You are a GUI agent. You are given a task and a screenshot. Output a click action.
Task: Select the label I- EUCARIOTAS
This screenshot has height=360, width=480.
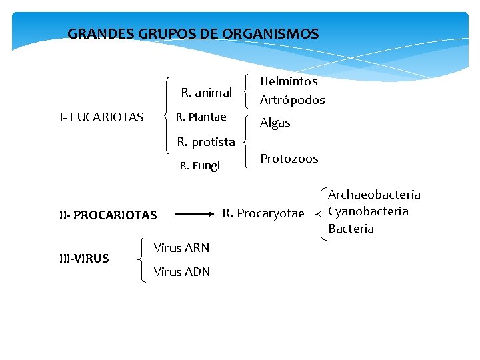coord(101,117)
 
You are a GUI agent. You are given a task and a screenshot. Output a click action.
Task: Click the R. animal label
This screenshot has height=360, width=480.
coord(207,93)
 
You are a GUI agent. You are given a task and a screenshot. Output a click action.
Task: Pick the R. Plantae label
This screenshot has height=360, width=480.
coord(201,117)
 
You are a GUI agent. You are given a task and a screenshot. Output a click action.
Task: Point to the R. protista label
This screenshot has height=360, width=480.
coord(206,141)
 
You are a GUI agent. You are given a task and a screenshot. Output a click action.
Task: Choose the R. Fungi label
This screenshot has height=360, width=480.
coord(200,165)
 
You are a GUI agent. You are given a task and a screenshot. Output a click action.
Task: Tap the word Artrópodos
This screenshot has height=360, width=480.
coord(292,100)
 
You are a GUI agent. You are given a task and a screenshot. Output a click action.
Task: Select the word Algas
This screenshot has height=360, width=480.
coord(275,123)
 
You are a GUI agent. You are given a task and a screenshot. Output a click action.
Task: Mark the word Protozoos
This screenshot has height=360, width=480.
coord(289,159)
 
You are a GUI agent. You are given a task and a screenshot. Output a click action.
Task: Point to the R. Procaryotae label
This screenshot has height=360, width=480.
coord(263,213)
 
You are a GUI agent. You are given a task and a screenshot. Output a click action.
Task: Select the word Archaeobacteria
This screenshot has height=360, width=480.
coord(374,195)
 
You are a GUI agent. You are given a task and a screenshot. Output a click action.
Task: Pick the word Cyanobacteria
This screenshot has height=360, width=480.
coord(368,211)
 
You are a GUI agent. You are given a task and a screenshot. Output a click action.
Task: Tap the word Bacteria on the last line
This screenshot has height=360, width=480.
coord(351,229)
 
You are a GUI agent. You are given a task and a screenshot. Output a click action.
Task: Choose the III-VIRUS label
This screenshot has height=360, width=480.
coord(84,259)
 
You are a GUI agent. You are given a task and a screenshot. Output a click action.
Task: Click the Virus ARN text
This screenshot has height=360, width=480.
coord(181,248)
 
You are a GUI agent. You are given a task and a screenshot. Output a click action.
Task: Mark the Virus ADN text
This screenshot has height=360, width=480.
coord(182,271)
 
